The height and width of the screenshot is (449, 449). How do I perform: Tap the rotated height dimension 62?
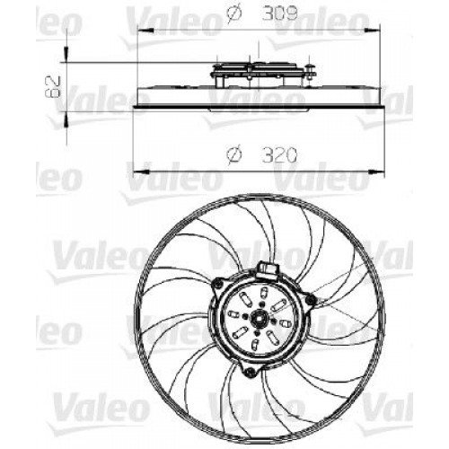point(53,87)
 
